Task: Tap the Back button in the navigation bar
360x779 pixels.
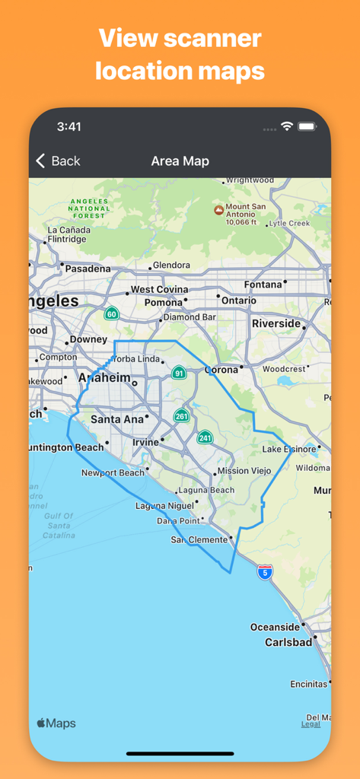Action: pyautogui.click(x=58, y=161)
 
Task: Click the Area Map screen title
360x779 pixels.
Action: pyautogui.click(x=180, y=161)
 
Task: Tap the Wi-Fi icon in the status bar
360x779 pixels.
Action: pyautogui.click(x=287, y=126)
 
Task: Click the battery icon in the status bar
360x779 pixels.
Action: pyautogui.click(x=307, y=126)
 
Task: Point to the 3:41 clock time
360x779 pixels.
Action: pyautogui.click(x=68, y=126)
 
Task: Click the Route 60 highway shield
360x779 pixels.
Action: pyautogui.click(x=112, y=313)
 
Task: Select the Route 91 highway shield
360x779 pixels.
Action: pyautogui.click(x=179, y=373)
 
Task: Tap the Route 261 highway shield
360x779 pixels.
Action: pyautogui.click(x=181, y=415)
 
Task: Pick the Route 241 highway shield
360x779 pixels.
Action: pyautogui.click(x=205, y=437)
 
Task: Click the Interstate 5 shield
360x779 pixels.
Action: pyautogui.click(x=264, y=572)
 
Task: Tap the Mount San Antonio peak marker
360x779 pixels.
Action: pyautogui.click(x=218, y=209)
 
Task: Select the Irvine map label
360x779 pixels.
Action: pyautogui.click(x=145, y=442)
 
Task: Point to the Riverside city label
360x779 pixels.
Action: pyautogui.click(x=276, y=323)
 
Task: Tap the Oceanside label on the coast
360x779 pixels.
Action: pyautogui.click(x=275, y=627)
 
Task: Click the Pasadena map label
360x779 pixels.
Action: pyautogui.click(x=88, y=269)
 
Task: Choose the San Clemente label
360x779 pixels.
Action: pyautogui.click(x=199, y=539)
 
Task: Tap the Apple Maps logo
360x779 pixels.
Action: pyautogui.click(x=56, y=723)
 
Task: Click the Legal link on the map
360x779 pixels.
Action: pyautogui.click(x=311, y=724)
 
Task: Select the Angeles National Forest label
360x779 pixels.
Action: pyautogui.click(x=89, y=208)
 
